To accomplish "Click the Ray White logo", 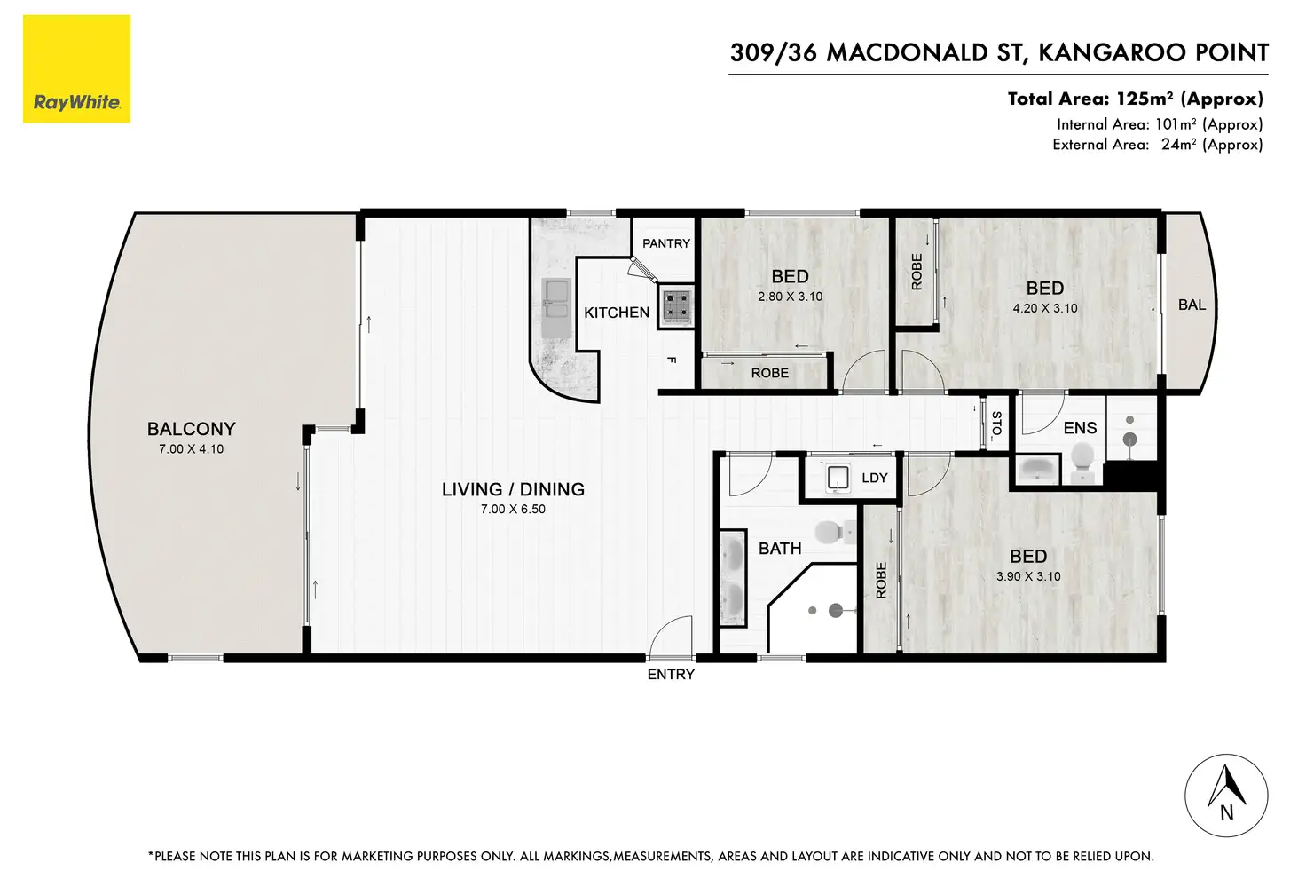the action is pos(77,69).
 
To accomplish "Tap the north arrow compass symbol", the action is pos(1226,796).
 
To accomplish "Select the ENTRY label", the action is pos(671,675).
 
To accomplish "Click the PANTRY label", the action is pos(666,243).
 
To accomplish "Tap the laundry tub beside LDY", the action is pos(838,478).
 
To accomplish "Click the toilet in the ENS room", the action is pos(1082,462).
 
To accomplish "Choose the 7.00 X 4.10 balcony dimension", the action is pos(192,449).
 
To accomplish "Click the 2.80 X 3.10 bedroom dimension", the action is pos(790,297).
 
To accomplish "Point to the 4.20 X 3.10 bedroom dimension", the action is pos(1045,308).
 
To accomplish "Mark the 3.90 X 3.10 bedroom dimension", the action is pos(1028,576).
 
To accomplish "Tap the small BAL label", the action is pos(1192,305).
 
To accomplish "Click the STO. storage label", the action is pos(996,424).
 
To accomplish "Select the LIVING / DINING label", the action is pos(513,489).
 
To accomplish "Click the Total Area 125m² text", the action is pos(1135,99).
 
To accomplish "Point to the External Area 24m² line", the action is pos(1157,144).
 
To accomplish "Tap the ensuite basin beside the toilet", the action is pos(1037,469).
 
